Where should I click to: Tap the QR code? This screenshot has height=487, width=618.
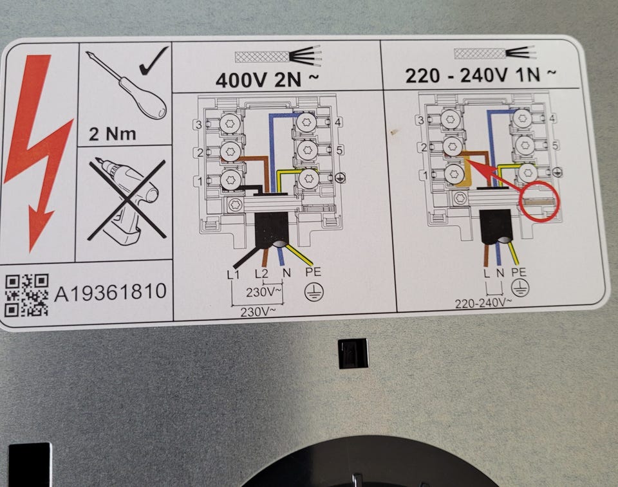pos(27,295)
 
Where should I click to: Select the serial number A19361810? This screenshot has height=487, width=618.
pos(110,292)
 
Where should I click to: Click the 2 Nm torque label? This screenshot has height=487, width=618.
pos(112,134)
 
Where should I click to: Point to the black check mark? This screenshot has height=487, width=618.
pos(154,61)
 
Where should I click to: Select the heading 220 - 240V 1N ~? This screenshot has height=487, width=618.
pos(481,75)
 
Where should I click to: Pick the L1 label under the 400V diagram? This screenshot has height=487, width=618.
pos(233,273)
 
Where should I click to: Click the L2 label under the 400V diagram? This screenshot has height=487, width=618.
pos(261,273)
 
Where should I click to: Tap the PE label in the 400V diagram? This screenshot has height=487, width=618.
pos(314,272)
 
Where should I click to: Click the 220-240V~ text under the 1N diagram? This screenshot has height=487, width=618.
pos(483,303)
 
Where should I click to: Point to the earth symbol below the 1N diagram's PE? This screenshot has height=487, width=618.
pos(520,288)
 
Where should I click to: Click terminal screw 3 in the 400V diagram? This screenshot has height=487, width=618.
pos(230,124)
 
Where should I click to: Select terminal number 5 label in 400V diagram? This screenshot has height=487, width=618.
pos(339,150)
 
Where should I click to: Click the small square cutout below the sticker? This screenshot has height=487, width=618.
pos(353,353)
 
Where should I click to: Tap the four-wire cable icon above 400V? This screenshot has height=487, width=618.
pos(278,57)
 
